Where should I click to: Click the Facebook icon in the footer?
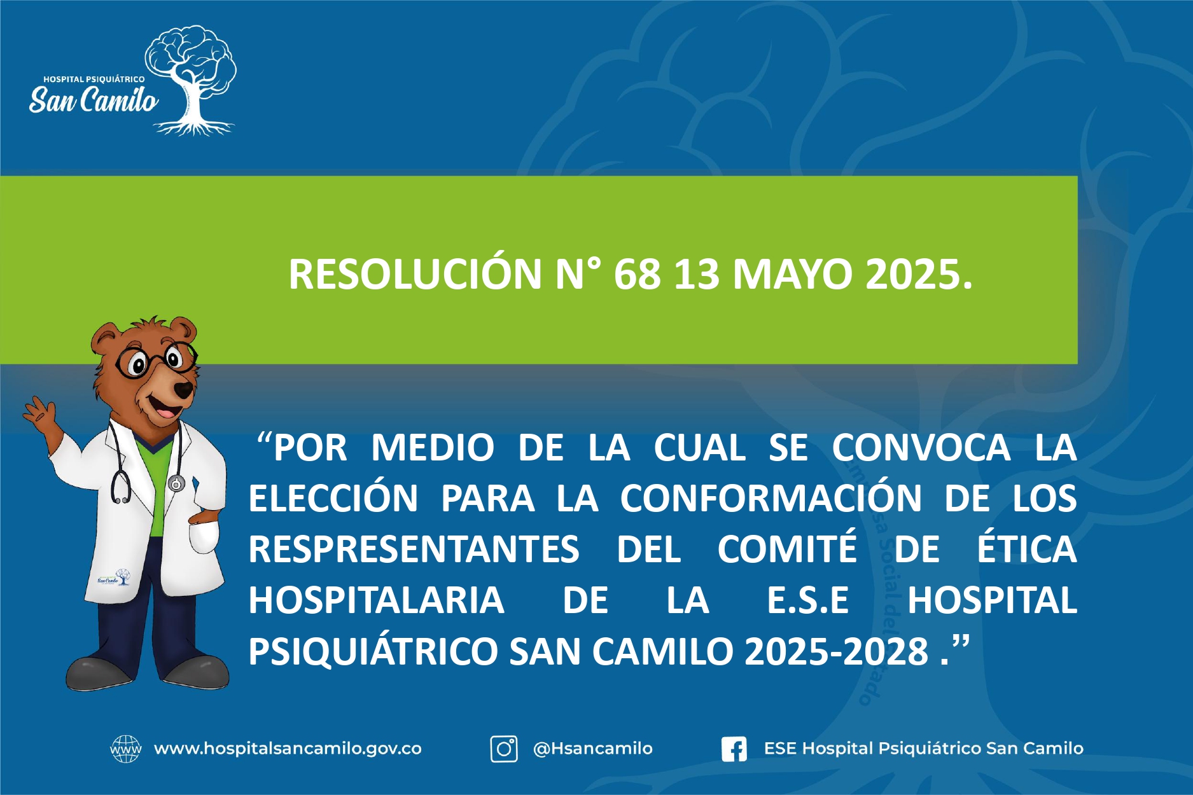734,749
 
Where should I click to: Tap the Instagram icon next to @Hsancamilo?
503,749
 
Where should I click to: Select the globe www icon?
125,749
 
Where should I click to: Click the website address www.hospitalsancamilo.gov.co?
288,749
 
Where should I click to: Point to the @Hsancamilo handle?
592,749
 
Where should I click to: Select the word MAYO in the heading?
792,274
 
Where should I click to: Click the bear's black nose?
184,389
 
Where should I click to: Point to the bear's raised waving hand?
38,412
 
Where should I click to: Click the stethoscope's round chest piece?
176,484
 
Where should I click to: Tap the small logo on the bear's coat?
114,577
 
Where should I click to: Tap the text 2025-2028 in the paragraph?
837,651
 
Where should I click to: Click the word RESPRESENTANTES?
414,550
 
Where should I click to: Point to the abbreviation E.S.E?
808,600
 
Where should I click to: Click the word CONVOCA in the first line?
921,447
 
